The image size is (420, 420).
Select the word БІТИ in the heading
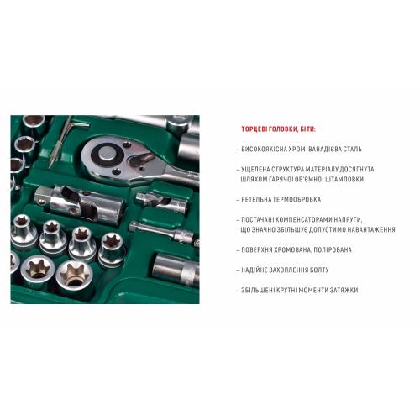click(x=301, y=129)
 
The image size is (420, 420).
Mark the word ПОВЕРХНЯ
click(x=259, y=249)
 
